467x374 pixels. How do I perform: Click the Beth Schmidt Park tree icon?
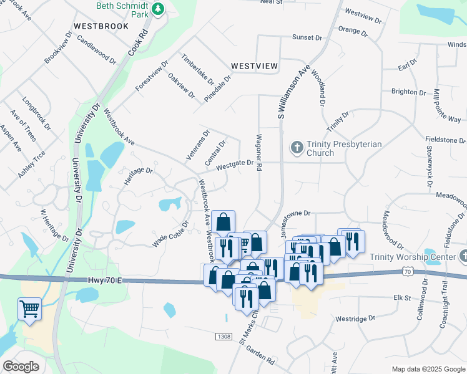tap(159, 8)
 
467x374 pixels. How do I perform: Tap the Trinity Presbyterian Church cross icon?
tap(297, 148)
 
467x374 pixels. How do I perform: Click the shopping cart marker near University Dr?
tap(29, 309)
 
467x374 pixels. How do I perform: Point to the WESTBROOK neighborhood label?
tap(101, 26)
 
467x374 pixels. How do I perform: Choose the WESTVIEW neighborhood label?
tap(254, 65)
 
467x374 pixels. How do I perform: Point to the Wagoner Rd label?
tap(258, 152)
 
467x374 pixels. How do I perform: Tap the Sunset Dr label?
tap(307, 37)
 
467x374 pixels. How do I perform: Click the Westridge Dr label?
tap(355, 318)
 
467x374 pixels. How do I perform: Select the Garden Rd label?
tap(260, 356)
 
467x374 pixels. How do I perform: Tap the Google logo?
tap(21, 367)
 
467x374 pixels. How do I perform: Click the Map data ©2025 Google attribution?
tap(428, 369)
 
